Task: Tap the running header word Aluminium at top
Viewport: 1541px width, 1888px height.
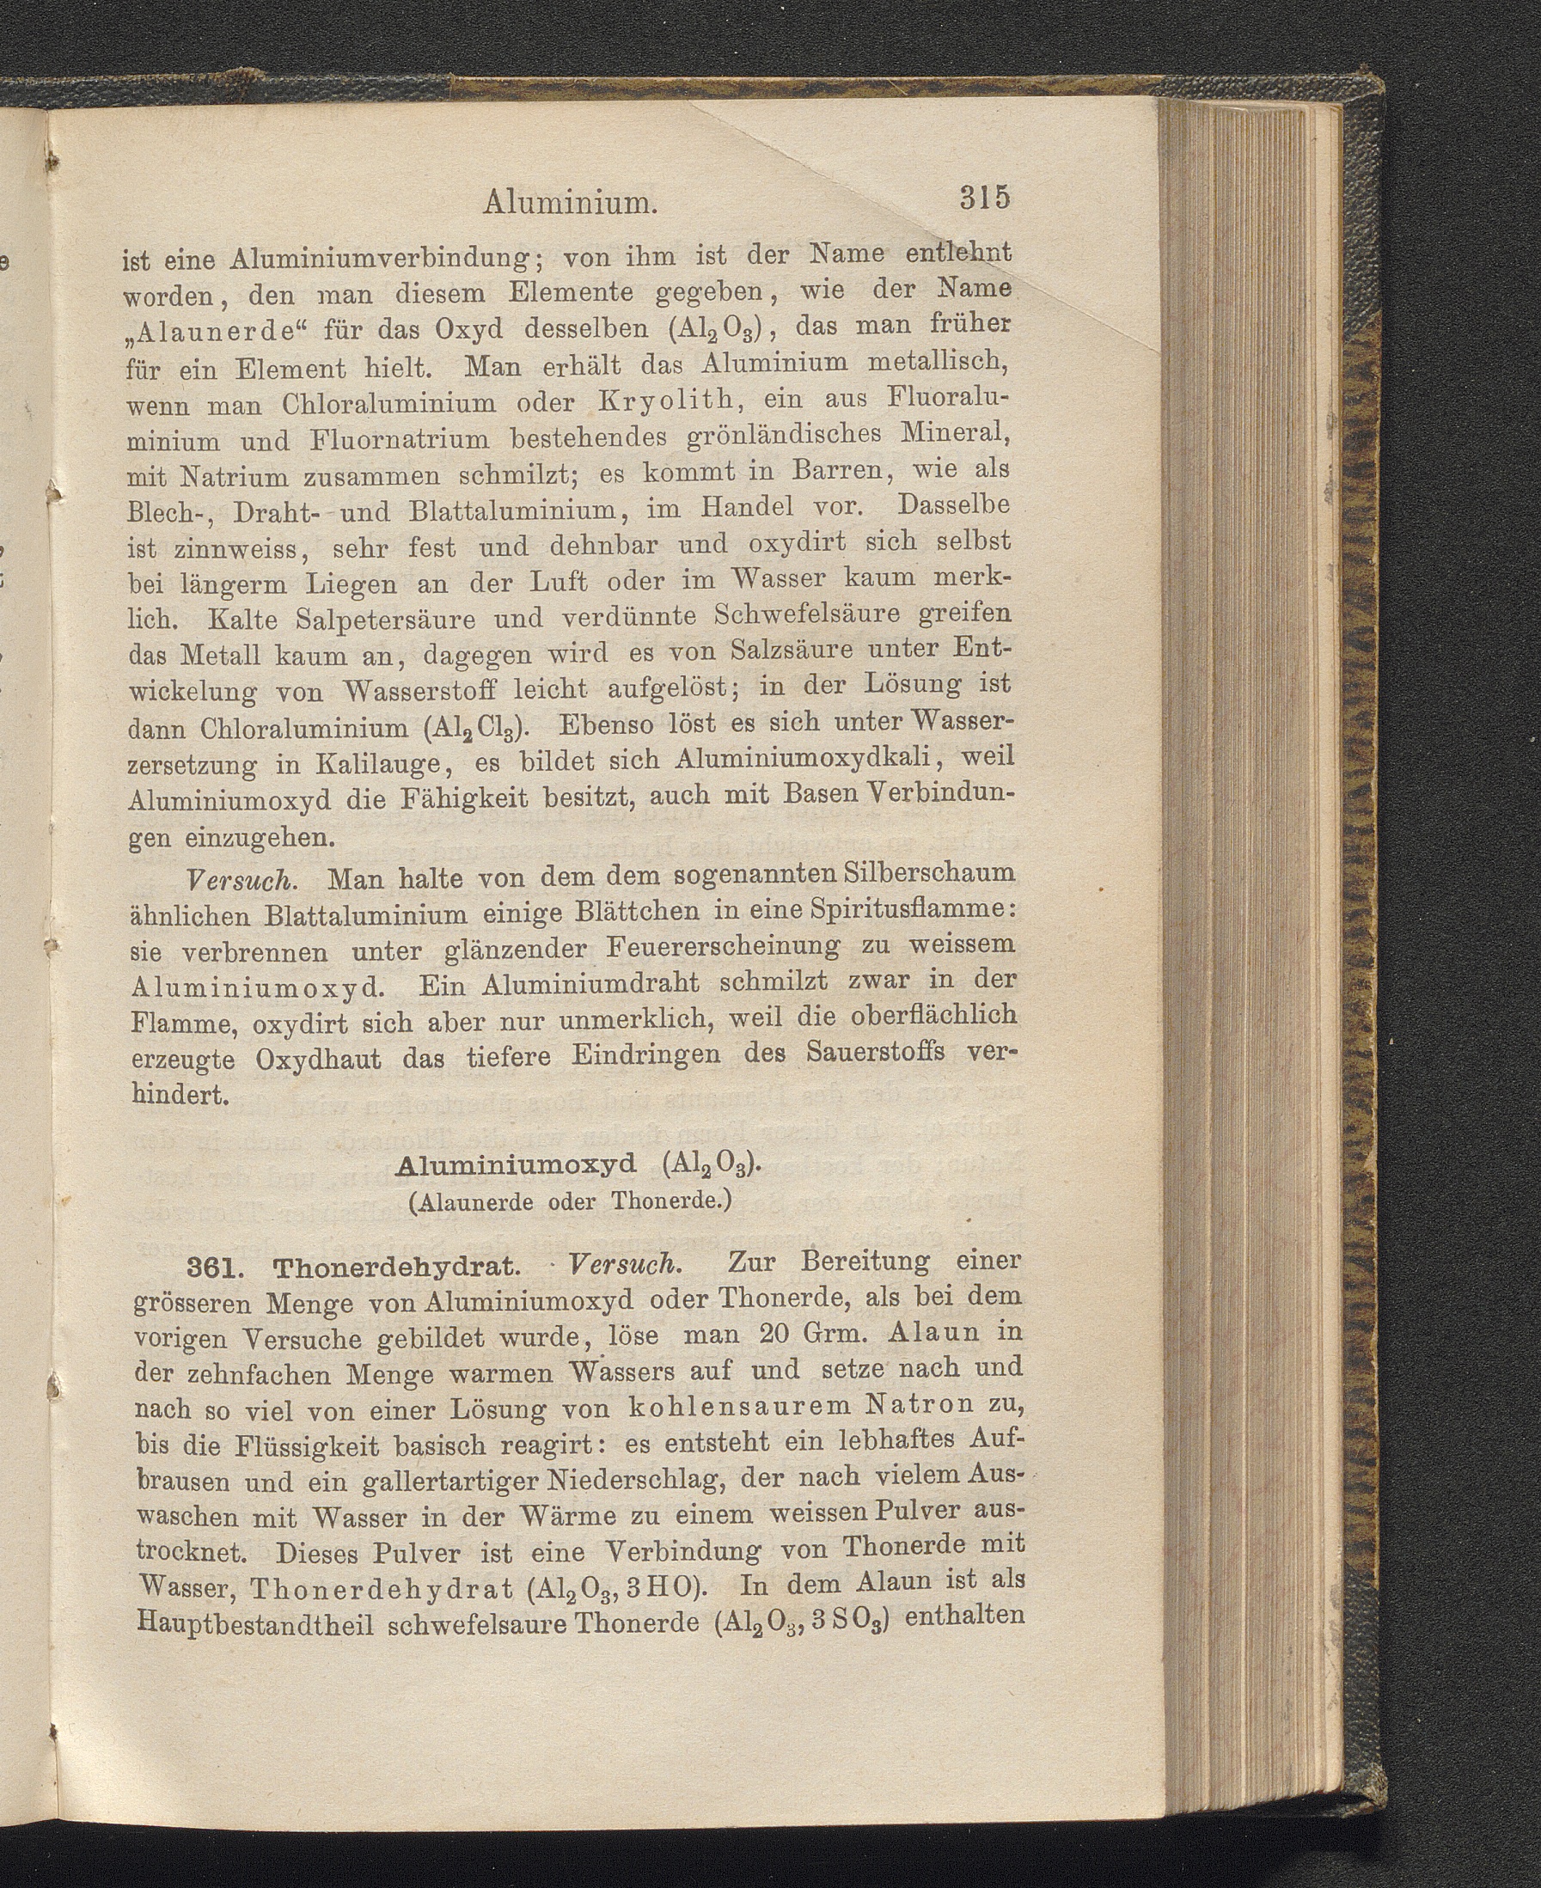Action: pos(570,204)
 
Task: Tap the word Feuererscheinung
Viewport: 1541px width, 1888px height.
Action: pos(724,947)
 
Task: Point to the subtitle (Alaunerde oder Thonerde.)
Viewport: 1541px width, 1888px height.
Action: pos(569,1203)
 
